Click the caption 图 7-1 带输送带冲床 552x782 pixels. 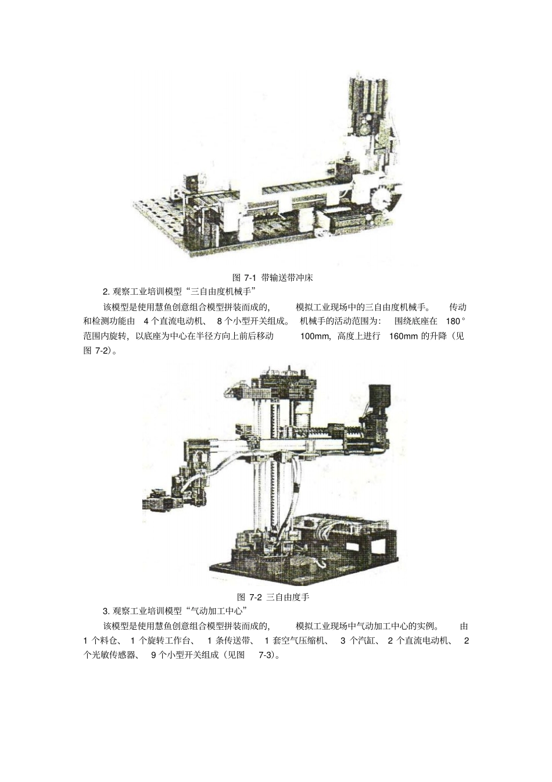(x=273, y=277)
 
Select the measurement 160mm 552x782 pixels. (x=403, y=336)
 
